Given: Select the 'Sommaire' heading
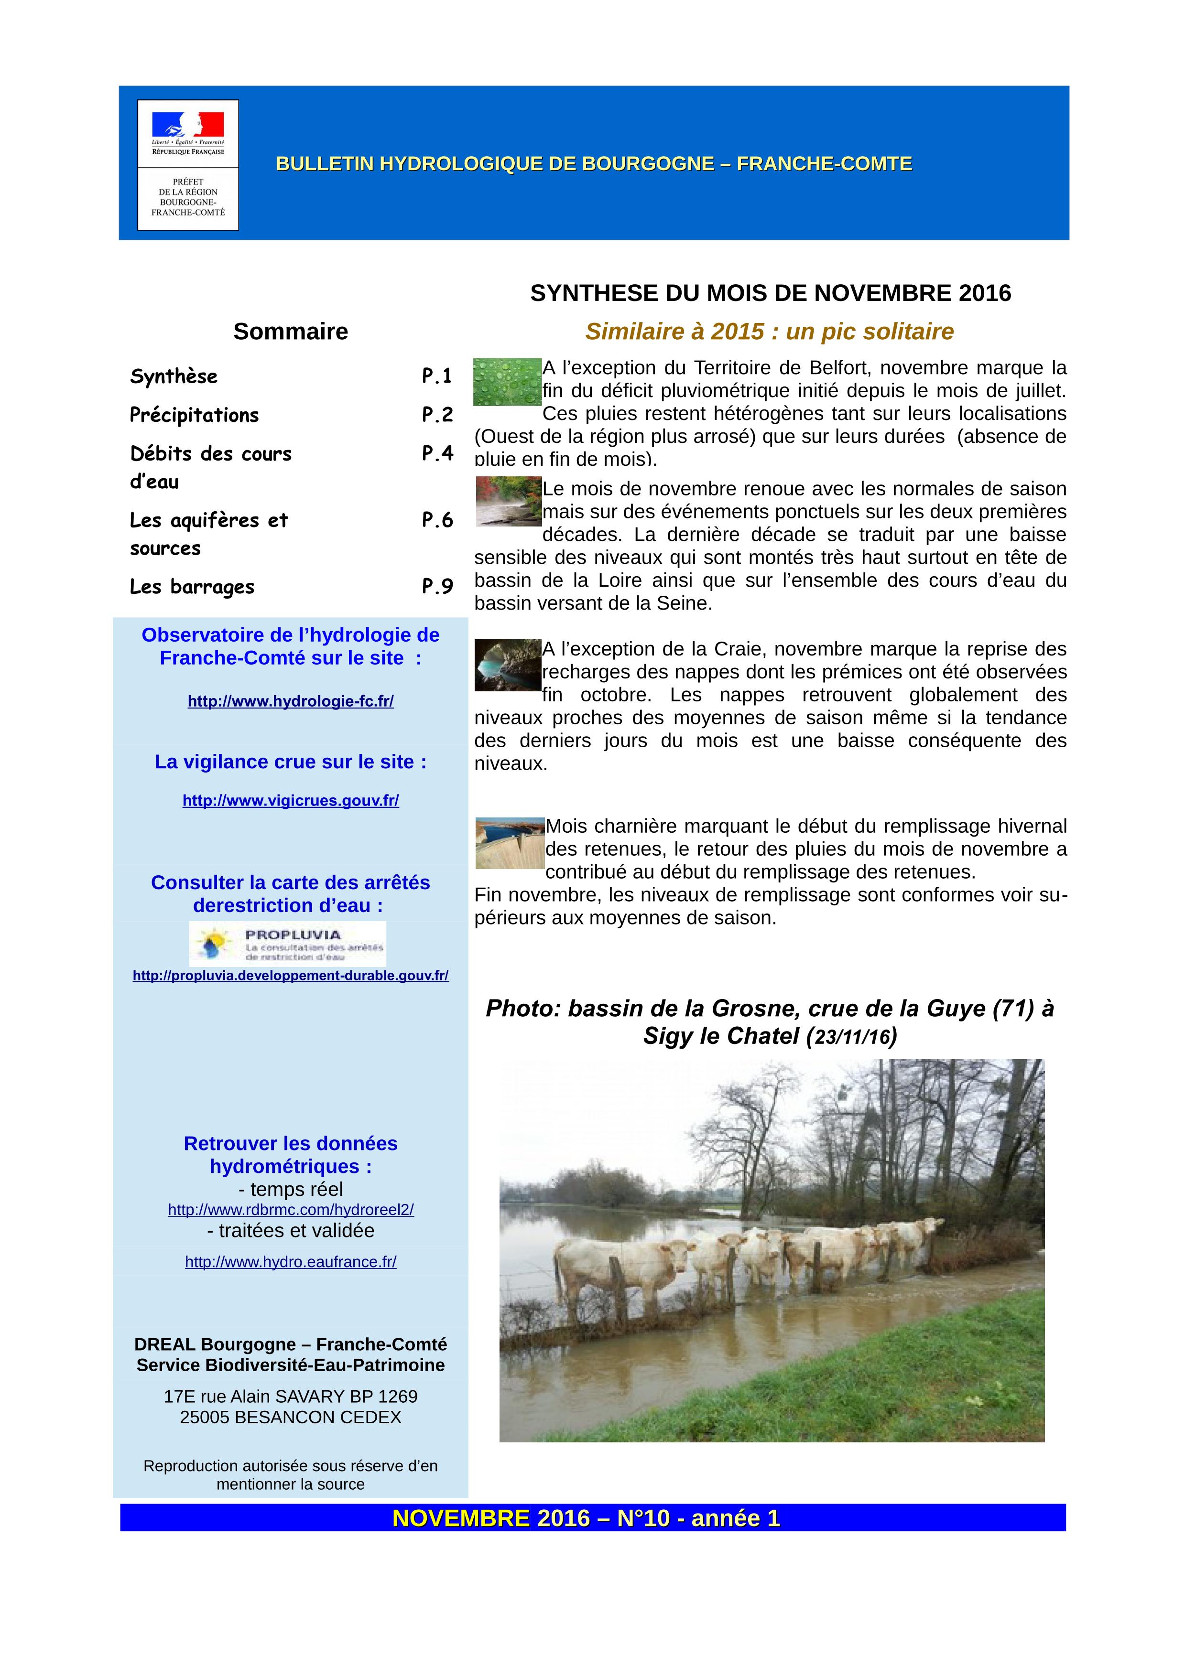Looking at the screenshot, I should click(291, 332).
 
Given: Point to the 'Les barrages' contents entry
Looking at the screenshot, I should click(192, 587).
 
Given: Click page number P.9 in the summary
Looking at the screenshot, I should click(437, 587).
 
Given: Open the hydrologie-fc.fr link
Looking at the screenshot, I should click(291, 701).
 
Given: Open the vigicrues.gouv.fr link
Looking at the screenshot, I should click(291, 801).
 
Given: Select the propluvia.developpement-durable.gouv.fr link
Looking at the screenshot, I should click(291, 975).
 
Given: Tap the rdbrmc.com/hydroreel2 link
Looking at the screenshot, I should click(291, 1210).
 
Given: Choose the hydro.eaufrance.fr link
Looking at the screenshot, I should click(291, 1262).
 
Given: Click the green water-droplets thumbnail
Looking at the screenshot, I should click(508, 382).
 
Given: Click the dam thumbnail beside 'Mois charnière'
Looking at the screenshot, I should click(510, 843).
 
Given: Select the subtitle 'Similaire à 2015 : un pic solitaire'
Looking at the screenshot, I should click(770, 332).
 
